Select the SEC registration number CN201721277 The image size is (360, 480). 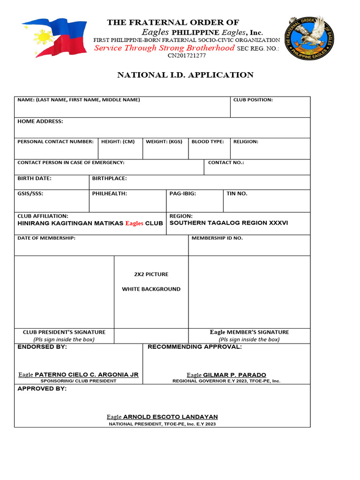(187, 55)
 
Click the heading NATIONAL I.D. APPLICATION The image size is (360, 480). (185, 75)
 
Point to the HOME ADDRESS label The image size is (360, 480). (40, 121)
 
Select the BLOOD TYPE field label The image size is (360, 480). (208, 142)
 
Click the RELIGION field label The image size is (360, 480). (246, 142)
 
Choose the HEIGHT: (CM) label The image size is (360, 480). (118, 142)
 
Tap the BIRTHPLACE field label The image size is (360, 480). (109, 179)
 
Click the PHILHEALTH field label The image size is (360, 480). (109, 194)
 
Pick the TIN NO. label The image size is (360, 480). (237, 194)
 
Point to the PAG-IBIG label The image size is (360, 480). (183, 194)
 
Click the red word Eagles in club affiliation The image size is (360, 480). (134, 224)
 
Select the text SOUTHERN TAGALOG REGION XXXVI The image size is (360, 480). (229, 223)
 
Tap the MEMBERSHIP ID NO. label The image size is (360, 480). (217, 238)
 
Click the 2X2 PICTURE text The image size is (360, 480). (151, 274)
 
